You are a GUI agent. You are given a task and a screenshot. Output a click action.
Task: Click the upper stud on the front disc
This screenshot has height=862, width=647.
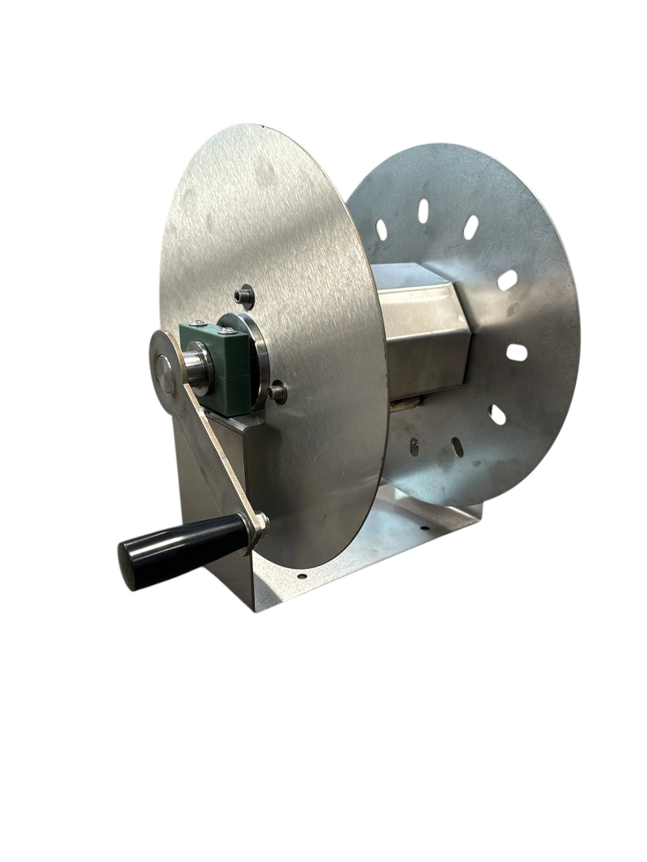coord(244,295)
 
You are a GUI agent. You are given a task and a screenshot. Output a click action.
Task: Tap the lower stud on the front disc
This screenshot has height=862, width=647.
coord(278,393)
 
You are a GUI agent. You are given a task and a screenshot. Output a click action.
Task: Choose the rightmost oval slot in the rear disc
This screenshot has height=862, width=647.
coord(516,352)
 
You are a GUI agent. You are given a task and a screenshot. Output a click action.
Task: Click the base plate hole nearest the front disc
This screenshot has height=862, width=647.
coord(302,577)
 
